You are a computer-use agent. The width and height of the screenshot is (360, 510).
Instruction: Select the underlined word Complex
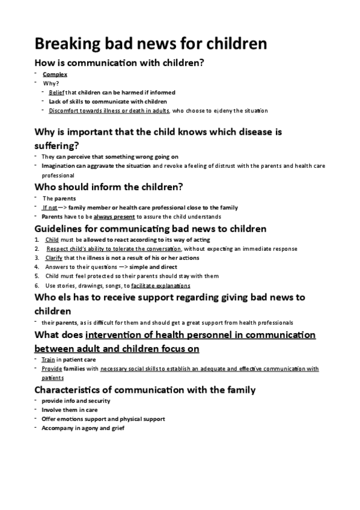tap(55, 75)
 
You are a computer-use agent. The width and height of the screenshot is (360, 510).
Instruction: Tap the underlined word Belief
tap(56, 93)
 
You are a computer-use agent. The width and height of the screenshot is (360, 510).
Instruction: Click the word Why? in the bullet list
tap(50, 84)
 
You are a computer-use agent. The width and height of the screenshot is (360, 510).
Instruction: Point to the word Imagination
tap(59, 165)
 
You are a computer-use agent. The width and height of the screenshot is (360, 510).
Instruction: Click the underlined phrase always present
tap(114, 217)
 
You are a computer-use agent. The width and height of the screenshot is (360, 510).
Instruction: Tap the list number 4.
tap(37, 267)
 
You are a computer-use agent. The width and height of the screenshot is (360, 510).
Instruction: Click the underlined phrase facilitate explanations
tap(160, 286)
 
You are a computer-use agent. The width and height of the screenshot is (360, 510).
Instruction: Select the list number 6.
tap(37, 286)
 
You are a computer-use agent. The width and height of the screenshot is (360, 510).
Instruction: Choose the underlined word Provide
tap(51, 369)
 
